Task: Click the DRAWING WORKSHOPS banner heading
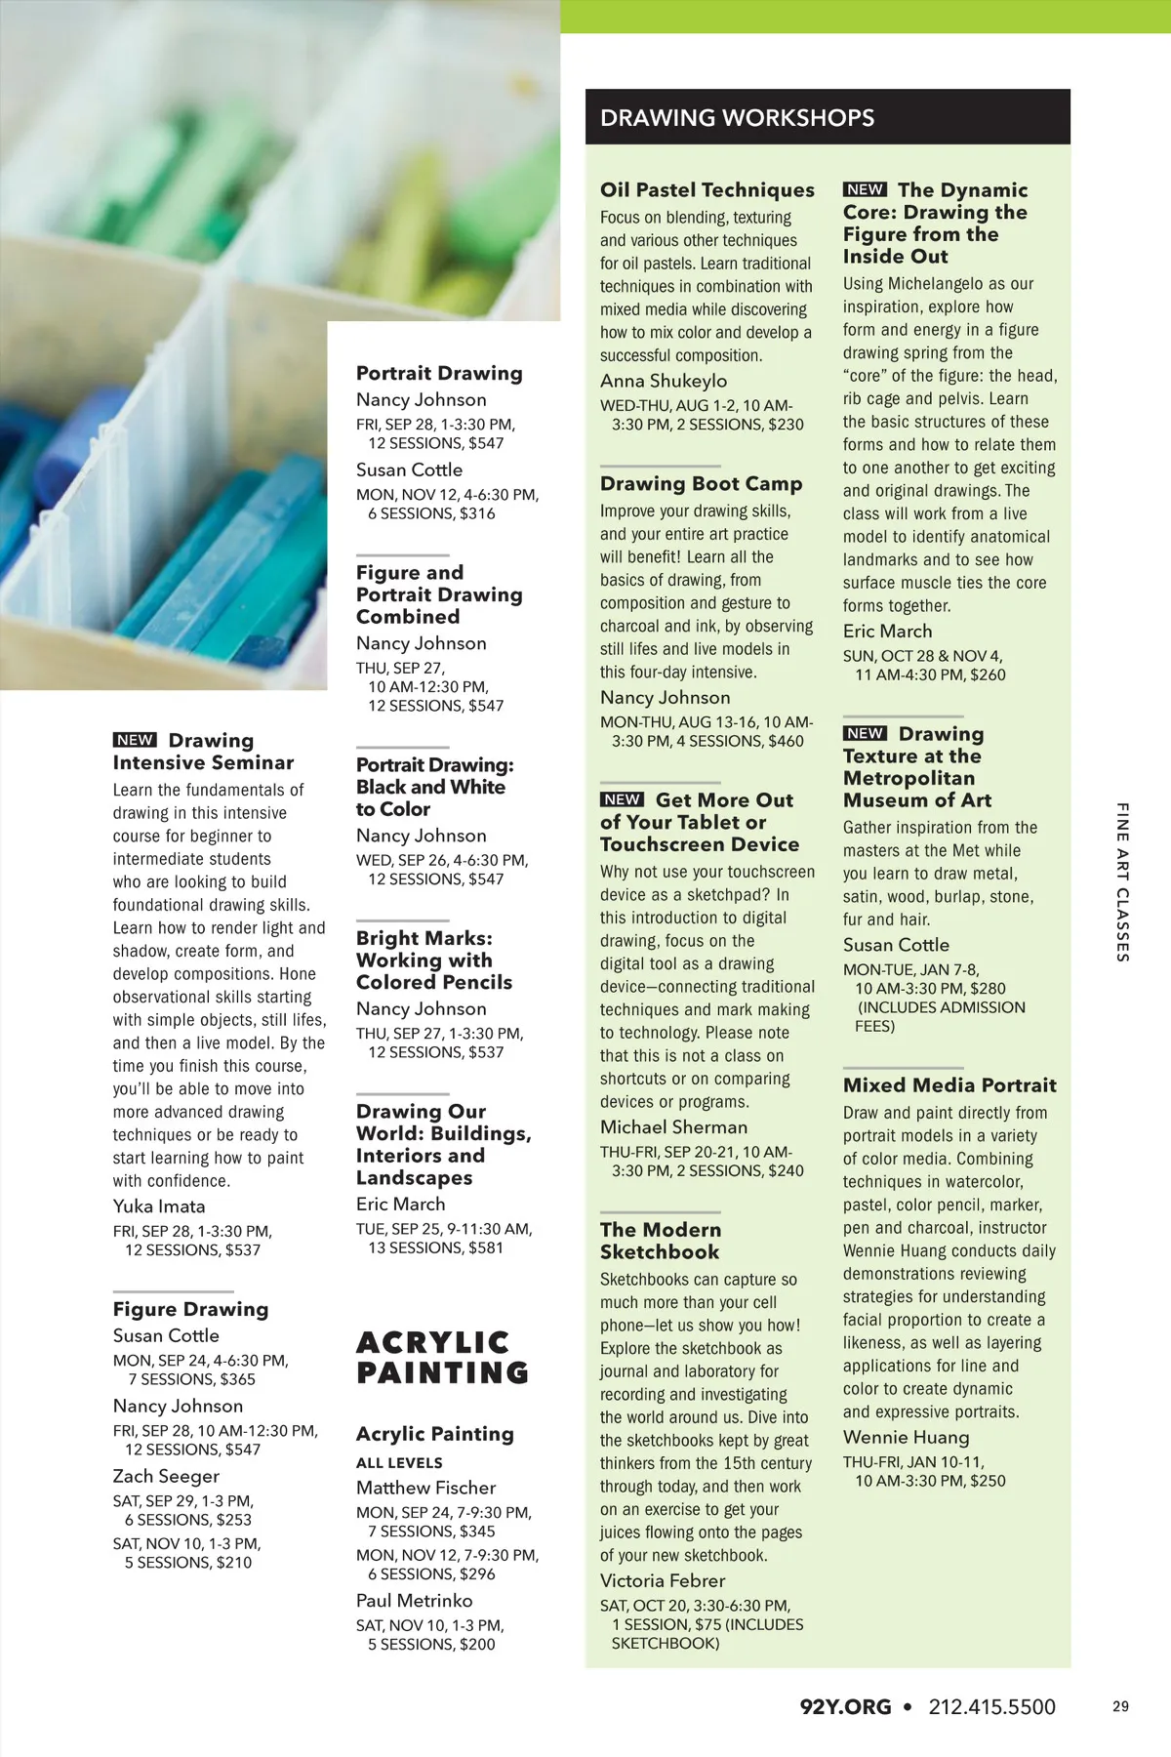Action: [x=737, y=118]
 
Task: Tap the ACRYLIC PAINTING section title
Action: [x=442, y=1358]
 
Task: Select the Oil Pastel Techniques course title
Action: [x=707, y=190]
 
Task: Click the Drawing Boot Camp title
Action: [x=701, y=484]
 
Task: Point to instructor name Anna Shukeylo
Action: [x=663, y=381]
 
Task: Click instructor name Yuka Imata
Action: [x=159, y=1206]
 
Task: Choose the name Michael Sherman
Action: [x=673, y=1127]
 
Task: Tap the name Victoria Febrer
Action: [x=663, y=1581]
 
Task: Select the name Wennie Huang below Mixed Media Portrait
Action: [x=906, y=1438]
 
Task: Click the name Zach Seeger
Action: [x=166, y=1477]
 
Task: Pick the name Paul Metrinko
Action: [x=414, y=1601]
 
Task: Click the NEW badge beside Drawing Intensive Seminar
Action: [x=135, y=740]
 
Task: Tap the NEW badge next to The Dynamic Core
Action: [x=866, y=189]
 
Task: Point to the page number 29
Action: [x=1120, y=1706]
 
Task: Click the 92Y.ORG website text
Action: [x=845, y=1707]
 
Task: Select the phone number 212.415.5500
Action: [x=991, y=1707]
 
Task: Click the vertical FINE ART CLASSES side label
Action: [x=1122, y=881]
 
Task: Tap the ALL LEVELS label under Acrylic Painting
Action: [x=399, y=1463]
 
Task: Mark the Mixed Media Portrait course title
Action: [x=949, y=1085]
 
